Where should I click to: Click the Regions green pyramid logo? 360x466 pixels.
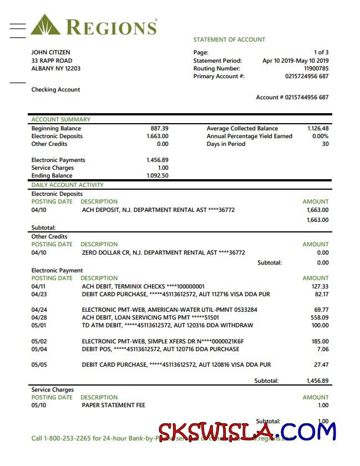[x=45, y=26]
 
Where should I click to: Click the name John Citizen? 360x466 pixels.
[x=50, y=53]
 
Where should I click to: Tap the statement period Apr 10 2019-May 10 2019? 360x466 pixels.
[x=295, y=61]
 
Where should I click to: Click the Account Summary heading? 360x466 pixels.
[x=60, y=119]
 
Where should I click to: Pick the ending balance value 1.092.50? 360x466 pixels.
[x=157, y=176]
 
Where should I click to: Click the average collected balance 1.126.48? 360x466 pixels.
[x=318, y=128]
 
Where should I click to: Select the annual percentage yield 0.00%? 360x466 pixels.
[x=320, y=136]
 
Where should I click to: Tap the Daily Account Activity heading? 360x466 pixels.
[x=67, y=185]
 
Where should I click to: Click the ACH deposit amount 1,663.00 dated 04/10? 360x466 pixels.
[x=317, y=210]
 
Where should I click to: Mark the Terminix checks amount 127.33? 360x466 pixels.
[x=320, y=286]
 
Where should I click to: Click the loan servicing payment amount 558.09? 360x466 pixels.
[x=320, y=317]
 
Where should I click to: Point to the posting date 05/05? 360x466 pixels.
[x=39, y=364]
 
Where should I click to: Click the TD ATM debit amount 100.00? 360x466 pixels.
[x=320, y=325]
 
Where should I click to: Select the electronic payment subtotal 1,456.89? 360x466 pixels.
[x=317, y=381]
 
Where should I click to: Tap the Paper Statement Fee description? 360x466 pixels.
[x=113, y=405]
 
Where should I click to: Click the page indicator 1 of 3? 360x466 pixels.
[x=321, y=53]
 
